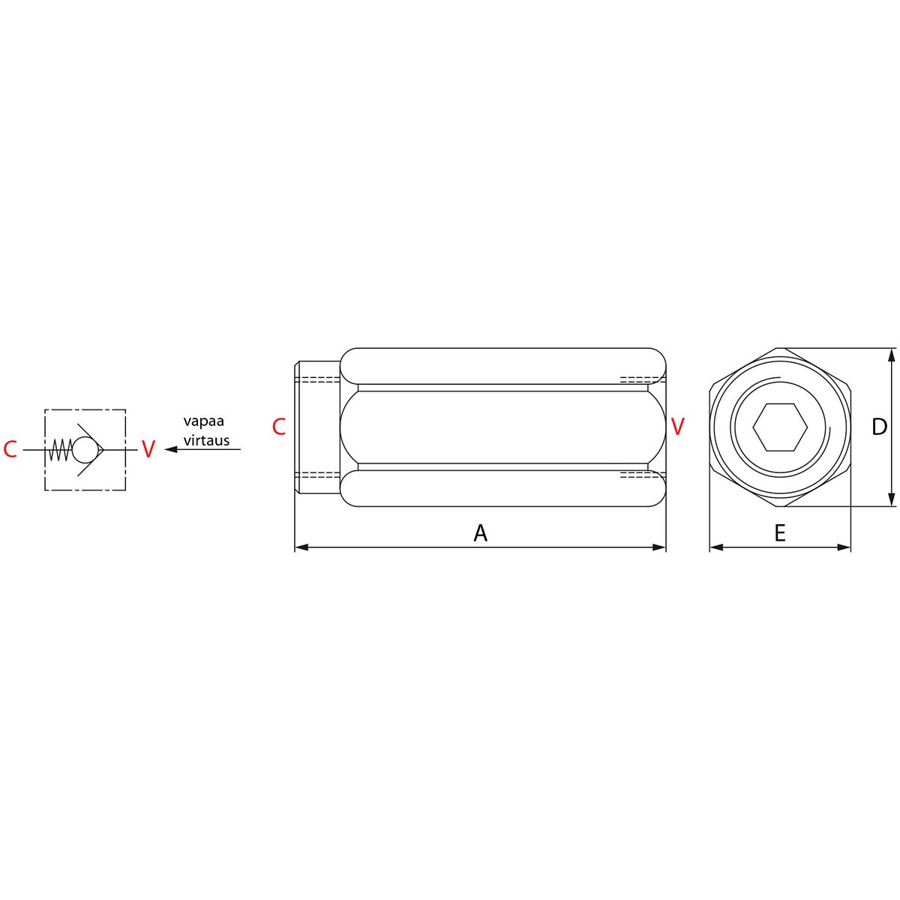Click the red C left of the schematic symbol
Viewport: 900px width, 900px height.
[x=10, y=449]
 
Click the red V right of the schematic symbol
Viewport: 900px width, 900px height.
[x=148, y=449]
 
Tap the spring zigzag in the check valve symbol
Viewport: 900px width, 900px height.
[x=60, y=450]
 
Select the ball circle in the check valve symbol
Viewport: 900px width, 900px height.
[x=86, y=449]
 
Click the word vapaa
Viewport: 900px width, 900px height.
[x=204, y=421]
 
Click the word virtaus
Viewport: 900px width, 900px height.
[x=206, y=440]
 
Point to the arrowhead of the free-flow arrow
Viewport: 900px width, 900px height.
[x=171, y=450]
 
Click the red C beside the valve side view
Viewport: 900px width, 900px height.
[x=279, y=427]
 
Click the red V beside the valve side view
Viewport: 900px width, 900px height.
[x=677, y=427]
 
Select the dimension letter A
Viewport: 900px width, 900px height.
[x=480, y=533]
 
